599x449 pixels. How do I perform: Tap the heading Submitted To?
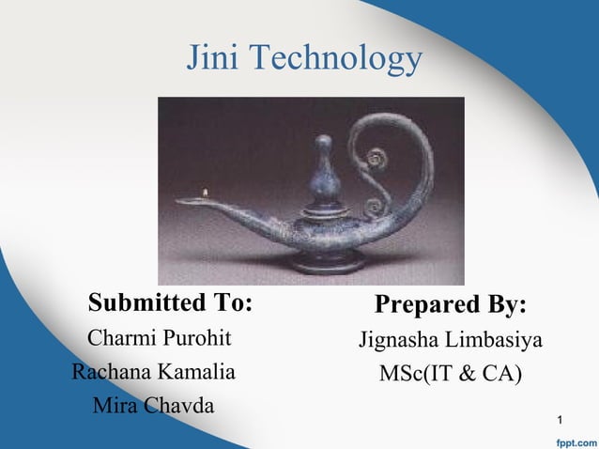click(170, 303)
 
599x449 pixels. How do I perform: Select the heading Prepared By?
click(451, 306)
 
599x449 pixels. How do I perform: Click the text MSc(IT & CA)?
click(451, 373)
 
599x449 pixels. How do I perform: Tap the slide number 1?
click(561, 416)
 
